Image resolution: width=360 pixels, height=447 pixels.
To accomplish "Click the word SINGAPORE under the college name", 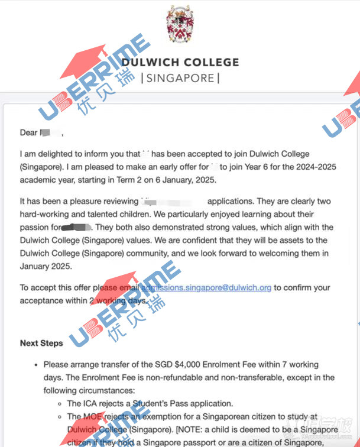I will click(181, 77).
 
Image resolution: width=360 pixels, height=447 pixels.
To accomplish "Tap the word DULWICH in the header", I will click(150, 62).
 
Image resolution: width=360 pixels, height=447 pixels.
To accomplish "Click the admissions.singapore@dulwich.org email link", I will click(206, 288).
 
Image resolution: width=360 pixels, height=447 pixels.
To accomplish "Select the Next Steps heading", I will click(41, 343).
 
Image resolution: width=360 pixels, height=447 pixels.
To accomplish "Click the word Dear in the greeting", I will click(28, 132).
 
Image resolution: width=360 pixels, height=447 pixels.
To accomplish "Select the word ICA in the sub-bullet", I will click(90, 403).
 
